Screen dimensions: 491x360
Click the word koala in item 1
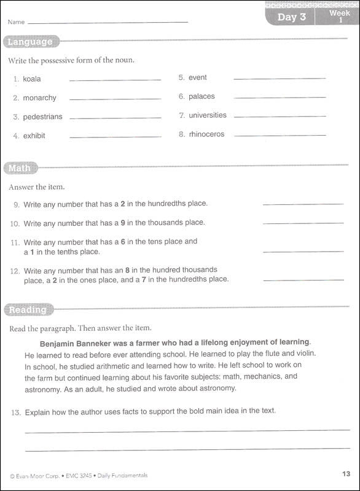coord(32,79)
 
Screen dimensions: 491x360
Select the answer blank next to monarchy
coord(115,99)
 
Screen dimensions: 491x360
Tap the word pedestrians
coord(42,117)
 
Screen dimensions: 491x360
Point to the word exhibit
coord(34,136)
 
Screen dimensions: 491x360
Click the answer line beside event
coord(280,79)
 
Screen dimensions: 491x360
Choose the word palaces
coord(202,96)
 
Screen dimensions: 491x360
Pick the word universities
coord(207,115)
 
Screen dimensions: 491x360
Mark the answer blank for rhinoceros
coord(280,135)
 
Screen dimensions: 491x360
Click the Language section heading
coord(30,42)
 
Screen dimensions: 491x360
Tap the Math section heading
coord(20,168)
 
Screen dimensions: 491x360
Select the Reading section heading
coord(28,310)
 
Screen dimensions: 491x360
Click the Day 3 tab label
coord(291,17)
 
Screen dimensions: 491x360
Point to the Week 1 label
coord(340,16)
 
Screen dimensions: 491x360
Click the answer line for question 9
coord(303,204)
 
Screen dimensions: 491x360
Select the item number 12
coord(15,271)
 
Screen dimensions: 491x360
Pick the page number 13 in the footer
coord(345,473)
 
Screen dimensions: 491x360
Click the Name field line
coord(108,23)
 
